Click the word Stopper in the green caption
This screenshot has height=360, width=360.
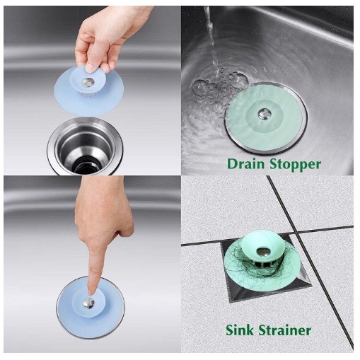(295, 164)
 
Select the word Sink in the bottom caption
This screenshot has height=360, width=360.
(240, 330)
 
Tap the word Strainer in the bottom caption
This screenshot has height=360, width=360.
(284, 330)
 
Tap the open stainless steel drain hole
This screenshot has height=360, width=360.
(86, 147)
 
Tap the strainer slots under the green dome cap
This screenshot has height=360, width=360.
(260, 264)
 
